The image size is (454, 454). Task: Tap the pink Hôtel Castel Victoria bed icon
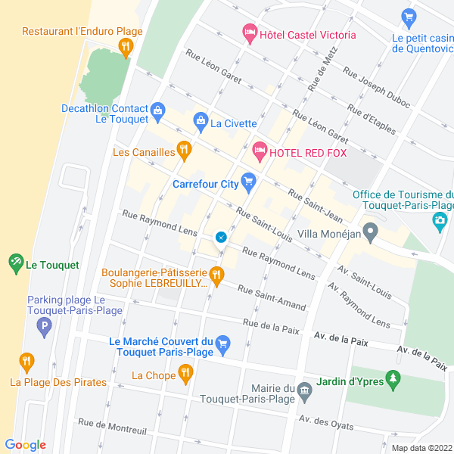pyautogui.click(x=248, y=33)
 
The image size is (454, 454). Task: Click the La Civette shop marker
pyautogui.click(x=201, y=120)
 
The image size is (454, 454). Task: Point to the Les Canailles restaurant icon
pyautogui.click(x=183, y=151)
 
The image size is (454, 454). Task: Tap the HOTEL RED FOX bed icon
pyautogui.click(x=260, y=152)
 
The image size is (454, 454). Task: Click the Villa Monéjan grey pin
pyautogui.click(x=370, y=232)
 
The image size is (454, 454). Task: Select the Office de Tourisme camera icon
pyautogui.click(x=439, y=221)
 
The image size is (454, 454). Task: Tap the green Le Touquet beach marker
pyautogui.click(x=16, y=264)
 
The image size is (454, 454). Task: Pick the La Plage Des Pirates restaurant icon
pyautogui.click(x=26, y=362)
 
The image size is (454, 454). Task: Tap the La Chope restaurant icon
pyautogui.click(x=185, y=373)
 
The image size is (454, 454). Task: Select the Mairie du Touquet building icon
pyautogui.click(x=304, y=390)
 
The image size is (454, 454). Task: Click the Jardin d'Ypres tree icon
pyautogui.click(x=392, y=379)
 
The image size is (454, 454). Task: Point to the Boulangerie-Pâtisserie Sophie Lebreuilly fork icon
pyautogui.click(x=217, y=278)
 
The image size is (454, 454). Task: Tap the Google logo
pyautogui.click(x=25, y=445)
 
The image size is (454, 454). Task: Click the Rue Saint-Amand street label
pyautogui.click(x=272, y=297)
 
